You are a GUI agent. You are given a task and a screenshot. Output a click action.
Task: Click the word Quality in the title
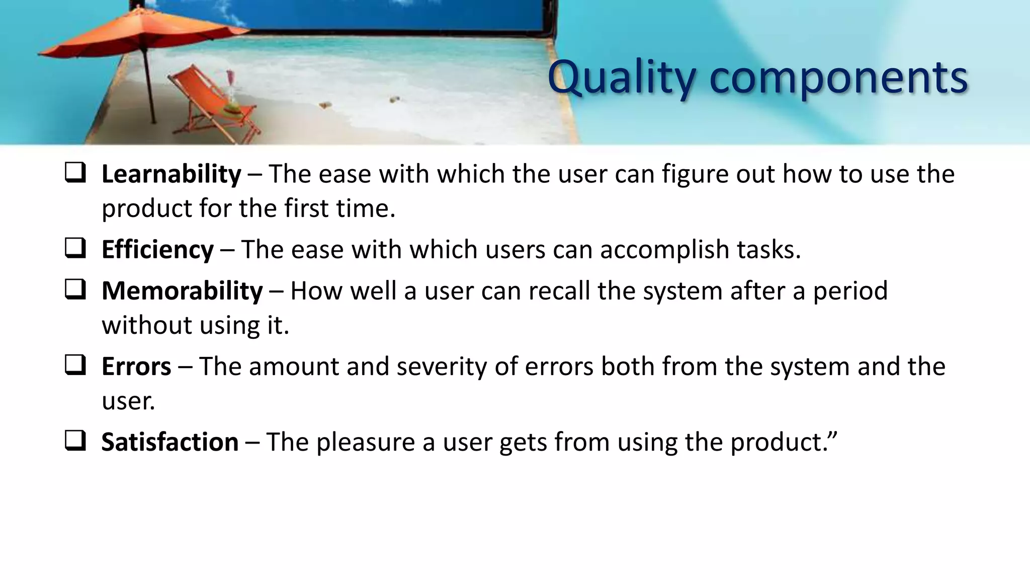(622, 78)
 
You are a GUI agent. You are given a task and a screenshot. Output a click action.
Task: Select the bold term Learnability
(171, 174)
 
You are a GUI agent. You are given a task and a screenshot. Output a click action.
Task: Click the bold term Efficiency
(157, 250)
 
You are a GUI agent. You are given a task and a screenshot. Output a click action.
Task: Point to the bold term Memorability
(182, 291)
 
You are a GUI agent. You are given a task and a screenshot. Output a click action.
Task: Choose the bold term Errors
(136, 367)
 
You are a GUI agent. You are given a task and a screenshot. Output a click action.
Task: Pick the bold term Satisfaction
(170, 442)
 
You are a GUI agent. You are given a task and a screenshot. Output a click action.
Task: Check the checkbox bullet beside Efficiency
(75, 249)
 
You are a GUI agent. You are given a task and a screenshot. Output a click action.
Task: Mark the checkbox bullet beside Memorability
(75, 290)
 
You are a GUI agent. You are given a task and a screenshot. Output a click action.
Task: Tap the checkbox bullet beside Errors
(75, 366)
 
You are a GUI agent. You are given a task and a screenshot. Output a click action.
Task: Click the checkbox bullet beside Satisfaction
(75, 441)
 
